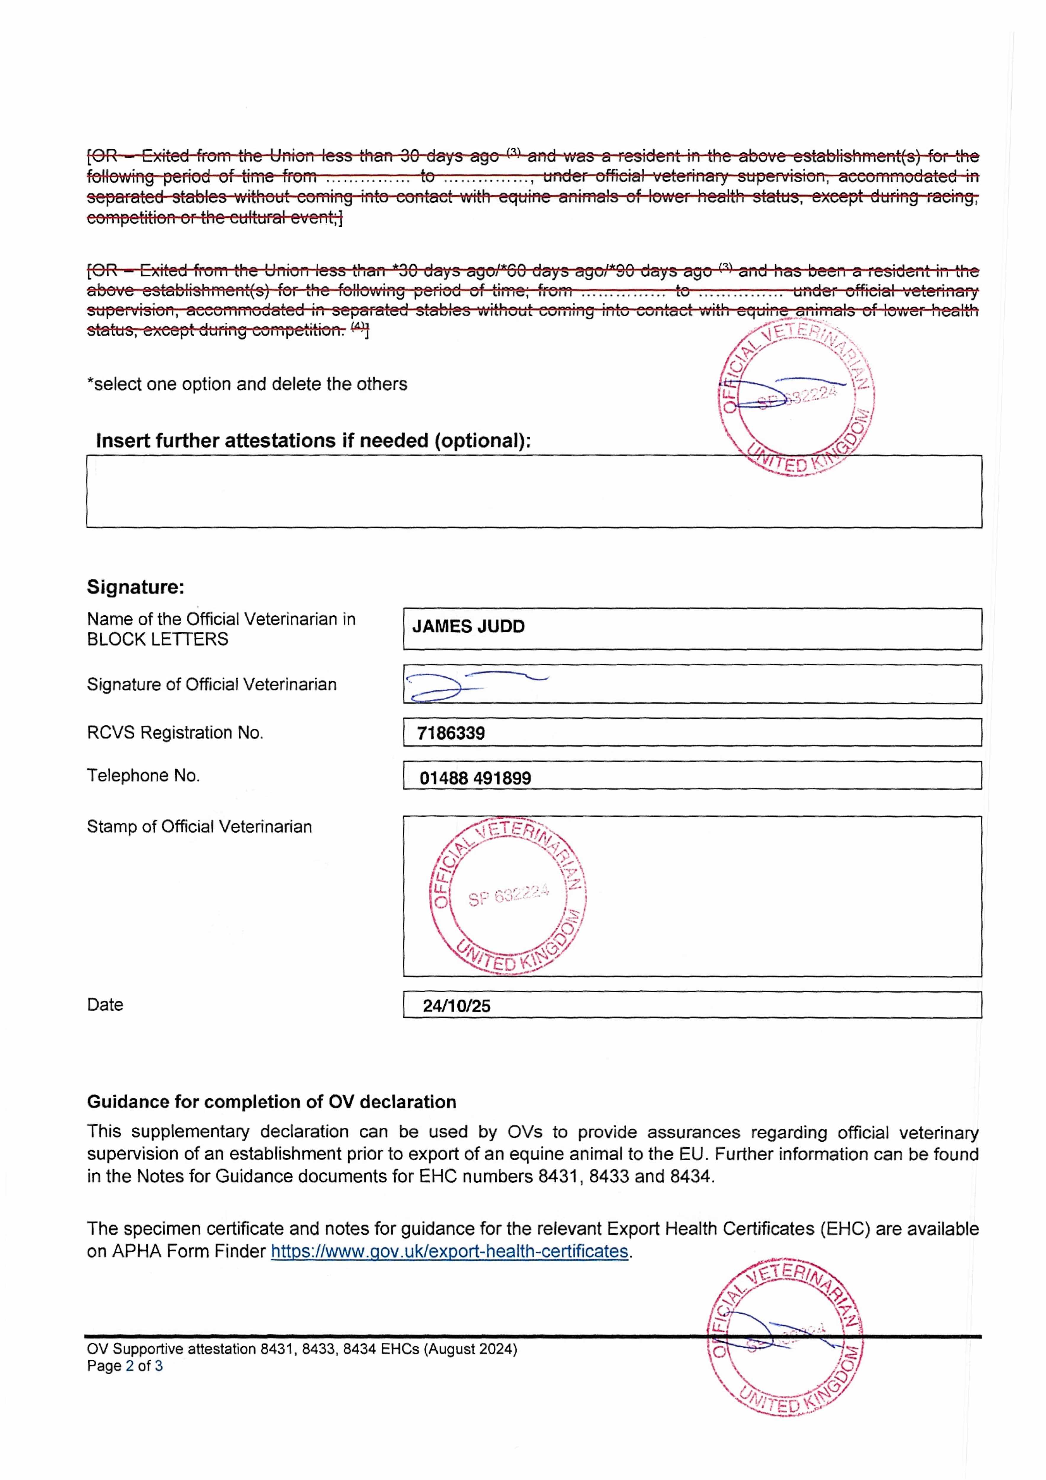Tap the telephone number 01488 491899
[475, 778]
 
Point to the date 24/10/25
[457, 1006]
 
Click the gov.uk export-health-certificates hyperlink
[449, 1251]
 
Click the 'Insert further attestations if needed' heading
[314, 441]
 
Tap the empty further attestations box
[534, 492]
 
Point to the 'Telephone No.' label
[143, 776]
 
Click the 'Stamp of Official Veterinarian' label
[199, 826]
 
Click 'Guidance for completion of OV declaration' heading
[271, 1102]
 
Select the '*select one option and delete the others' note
[247, 384]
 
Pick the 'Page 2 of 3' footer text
[124, 1366]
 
